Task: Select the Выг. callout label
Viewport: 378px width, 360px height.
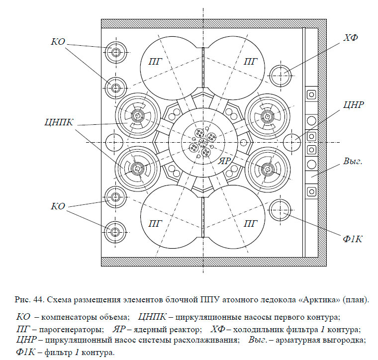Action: click(352, 162)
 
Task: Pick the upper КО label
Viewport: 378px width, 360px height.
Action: click(59, 42)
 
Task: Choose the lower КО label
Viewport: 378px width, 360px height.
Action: click(58, 206)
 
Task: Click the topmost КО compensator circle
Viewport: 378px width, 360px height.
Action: click(116, 52)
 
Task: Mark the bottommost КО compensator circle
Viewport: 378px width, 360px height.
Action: click(116, 231)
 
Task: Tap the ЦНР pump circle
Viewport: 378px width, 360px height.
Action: click(292, 142)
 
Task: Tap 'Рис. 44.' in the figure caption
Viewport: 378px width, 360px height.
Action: click(30, 300)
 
